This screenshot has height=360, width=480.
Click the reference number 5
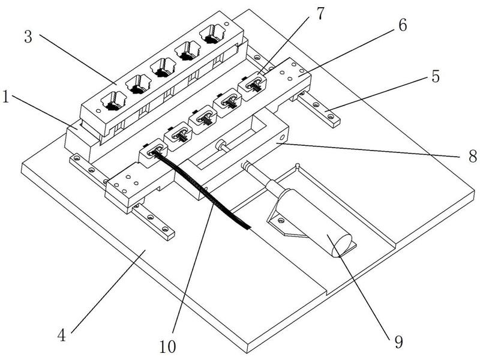coord(436,76)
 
